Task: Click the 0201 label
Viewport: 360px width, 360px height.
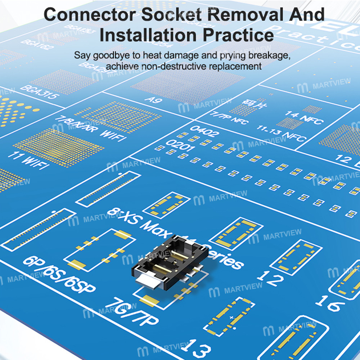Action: (x=180, y=146)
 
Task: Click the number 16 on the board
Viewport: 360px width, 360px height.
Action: (x=330, y=303)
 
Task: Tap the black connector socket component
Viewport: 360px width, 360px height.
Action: (x=169, y=261)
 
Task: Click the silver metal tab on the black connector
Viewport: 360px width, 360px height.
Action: (x=147, y=283)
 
